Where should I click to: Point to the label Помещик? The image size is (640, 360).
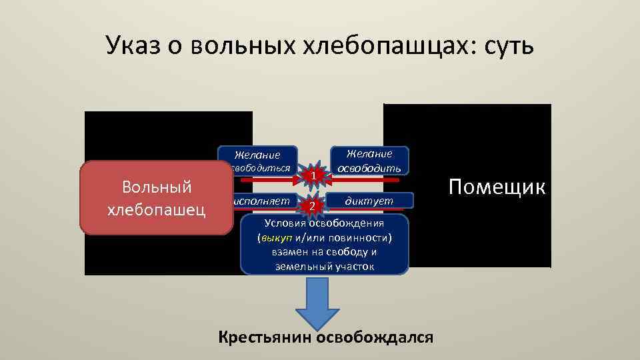tap(497, 187)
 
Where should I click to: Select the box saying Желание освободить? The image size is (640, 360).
tap(369, 161)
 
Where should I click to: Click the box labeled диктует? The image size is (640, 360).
tap(369, 200)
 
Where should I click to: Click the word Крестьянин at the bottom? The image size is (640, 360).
tap(266, 337)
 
